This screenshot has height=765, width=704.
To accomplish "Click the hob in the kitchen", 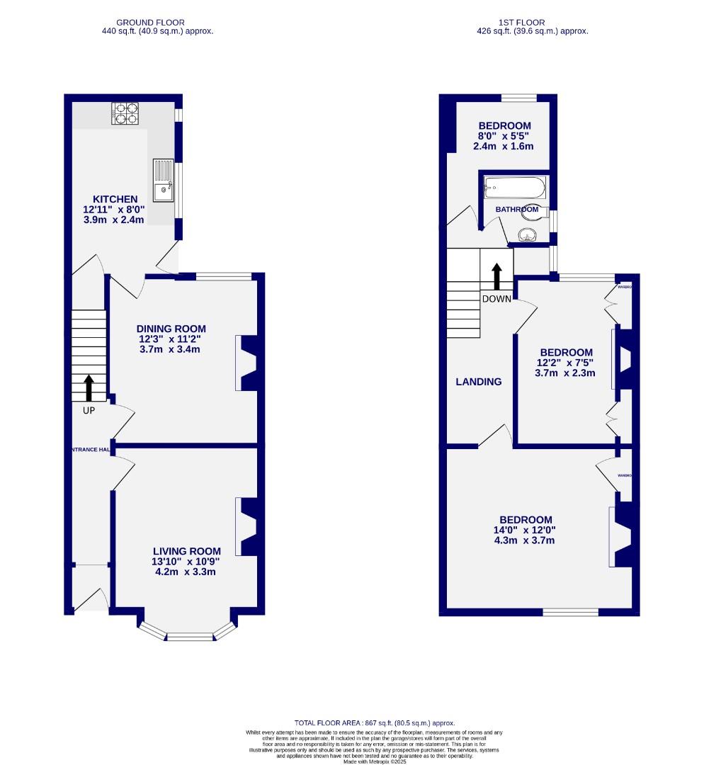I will [x=124, y=114].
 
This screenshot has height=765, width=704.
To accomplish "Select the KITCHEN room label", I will [x=113, y=199].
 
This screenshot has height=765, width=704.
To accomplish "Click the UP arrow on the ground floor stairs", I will [x=89, y=388].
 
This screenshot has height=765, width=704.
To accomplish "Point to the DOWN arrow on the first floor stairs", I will [x=496, y=276].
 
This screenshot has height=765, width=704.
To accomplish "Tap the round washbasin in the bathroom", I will [x=527, y=235].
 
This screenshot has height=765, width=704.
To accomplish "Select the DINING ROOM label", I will [x=171, y=329].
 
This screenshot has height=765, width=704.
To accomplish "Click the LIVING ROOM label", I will [x=186, y=551].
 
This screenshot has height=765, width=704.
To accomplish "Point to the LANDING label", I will [x=479, y=382].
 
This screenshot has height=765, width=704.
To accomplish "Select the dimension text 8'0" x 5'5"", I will [x=503, y=136].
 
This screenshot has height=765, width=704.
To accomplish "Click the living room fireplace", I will [x=249, y=526].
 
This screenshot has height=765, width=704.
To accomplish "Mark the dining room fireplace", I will [x=249, y=363].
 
